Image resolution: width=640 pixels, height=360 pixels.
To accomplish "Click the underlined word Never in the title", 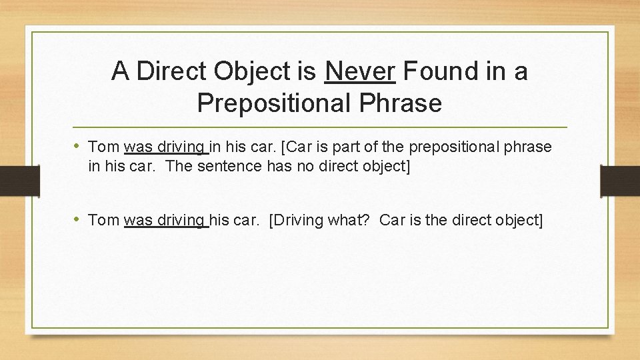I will [361, 70].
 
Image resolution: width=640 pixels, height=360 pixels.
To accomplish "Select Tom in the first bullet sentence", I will [103, 147].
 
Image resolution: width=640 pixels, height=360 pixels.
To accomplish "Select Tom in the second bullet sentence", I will [103, 220].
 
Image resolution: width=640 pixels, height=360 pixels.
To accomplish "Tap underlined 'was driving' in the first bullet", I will [165, 147].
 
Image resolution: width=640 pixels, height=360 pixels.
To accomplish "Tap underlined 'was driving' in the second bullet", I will [165, 220].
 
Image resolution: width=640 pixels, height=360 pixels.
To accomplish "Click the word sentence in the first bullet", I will [230, 166].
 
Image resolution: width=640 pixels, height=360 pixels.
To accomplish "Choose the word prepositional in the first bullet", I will [469, 147].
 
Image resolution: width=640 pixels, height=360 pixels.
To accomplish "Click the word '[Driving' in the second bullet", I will [296, 220].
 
